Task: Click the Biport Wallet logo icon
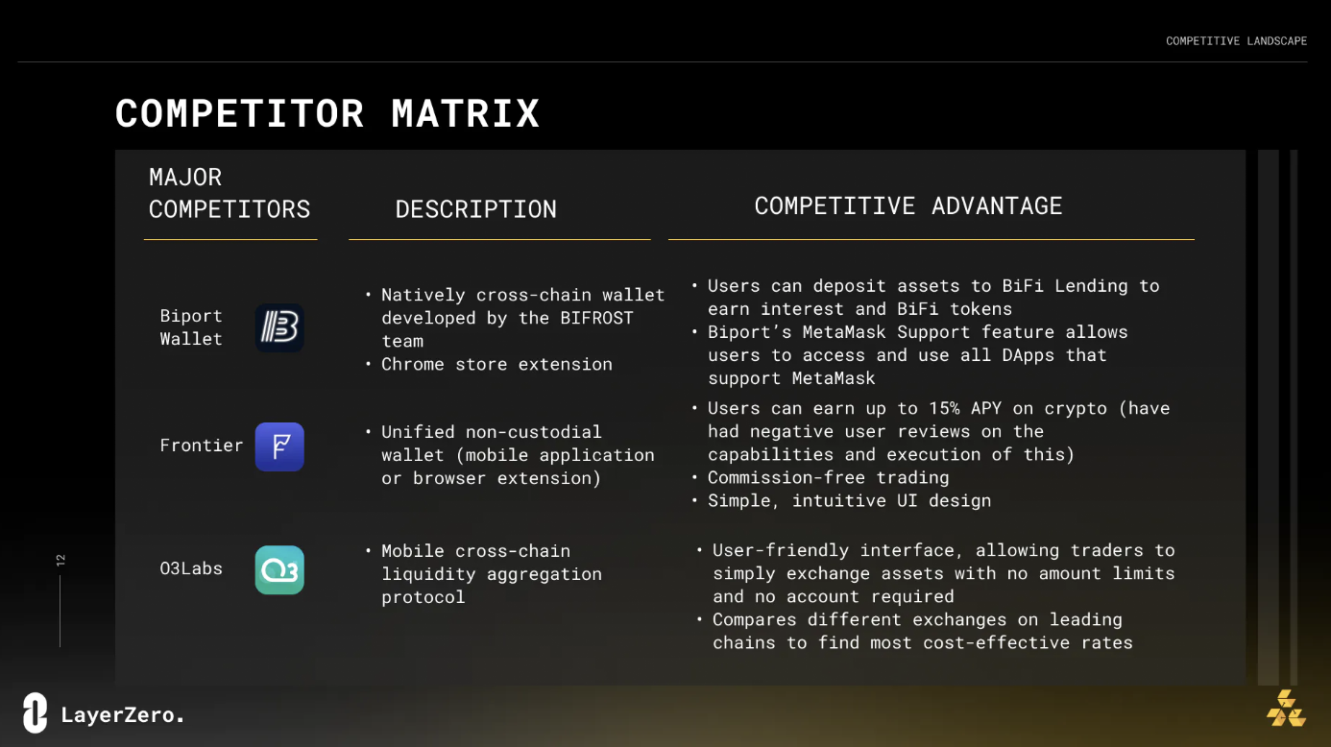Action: click(279, 327)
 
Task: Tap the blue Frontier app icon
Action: click(279, 446)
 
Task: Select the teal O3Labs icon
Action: click(279, 570)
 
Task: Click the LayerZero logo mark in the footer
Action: click(36, 712)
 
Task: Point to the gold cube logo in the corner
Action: click(1286, 709)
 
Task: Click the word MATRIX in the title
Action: click(465, 113)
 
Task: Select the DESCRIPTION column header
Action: click(476, 209)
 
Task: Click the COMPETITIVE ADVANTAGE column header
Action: click(907, 205)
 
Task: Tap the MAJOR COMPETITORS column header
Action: click(230, 193)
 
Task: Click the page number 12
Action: click(60, 560)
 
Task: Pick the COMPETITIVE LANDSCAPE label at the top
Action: click(1236, 41)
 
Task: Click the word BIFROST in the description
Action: click(596, 318)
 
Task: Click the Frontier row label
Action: click(202, 446)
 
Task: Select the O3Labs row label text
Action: click(191, 568)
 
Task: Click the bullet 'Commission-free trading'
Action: click(829, 477)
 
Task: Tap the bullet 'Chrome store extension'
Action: click(496, 364)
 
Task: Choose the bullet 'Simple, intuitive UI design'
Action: click(849, 500)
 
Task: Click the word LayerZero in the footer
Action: click(123, 714)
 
